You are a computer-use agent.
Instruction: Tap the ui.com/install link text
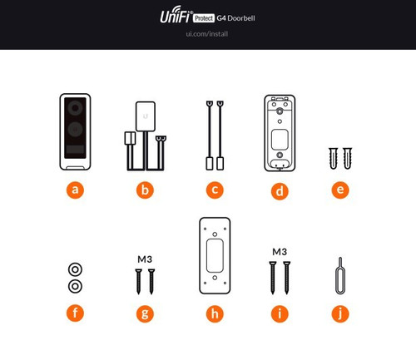[x=208, y=34]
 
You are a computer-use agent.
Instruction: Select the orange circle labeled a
[x=76, y=190]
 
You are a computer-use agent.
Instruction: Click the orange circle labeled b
[x=146, y=190]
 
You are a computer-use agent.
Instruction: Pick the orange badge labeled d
[x=280, y=190]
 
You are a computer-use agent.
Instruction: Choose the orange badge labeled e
[x=339, y=190]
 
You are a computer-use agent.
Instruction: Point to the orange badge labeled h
[x=215, y=313]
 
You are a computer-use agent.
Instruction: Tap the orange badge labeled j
[x=339, y=313]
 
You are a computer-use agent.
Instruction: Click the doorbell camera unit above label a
[x=76, y=133]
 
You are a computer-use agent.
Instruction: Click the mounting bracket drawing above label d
[x=280, y=133]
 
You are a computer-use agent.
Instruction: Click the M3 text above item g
[x=145, y=259]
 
